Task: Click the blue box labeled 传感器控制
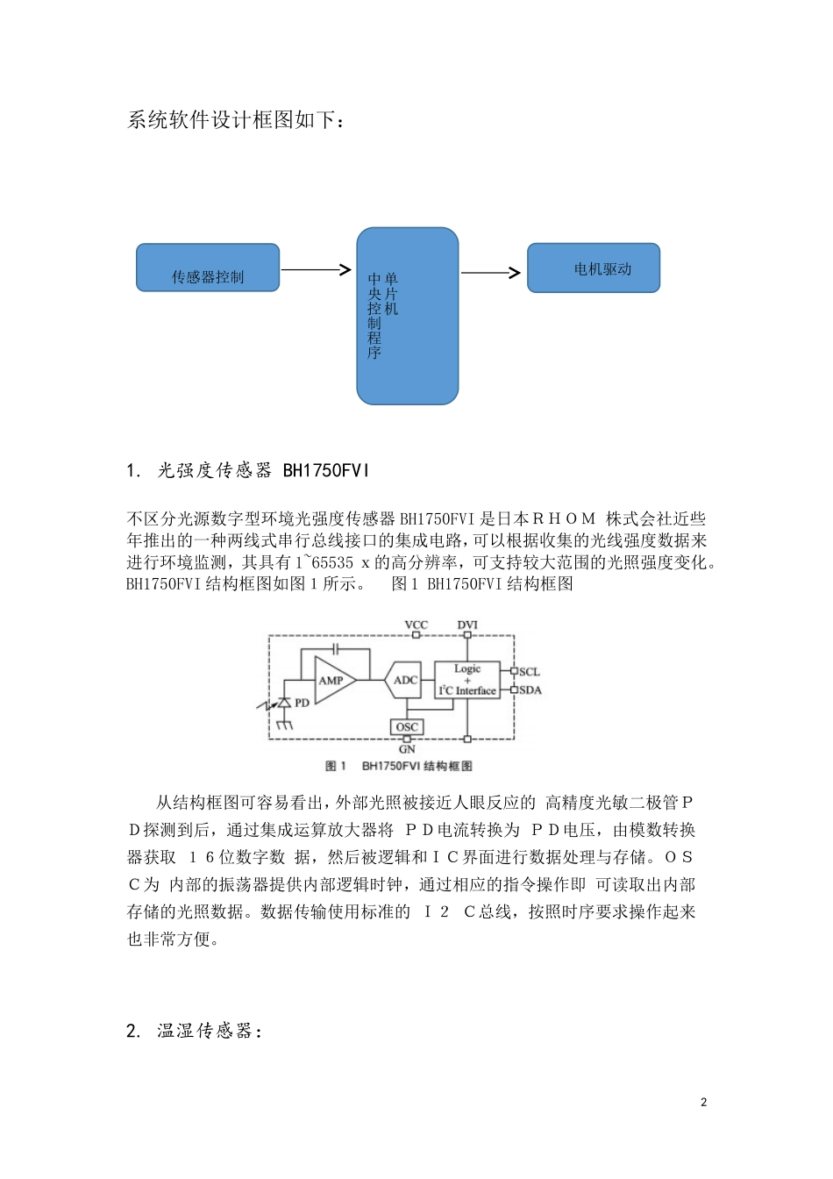tap(208, 268)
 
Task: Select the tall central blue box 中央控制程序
tap(408, 316)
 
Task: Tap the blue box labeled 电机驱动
tap(594, 268)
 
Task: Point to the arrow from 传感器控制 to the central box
tap(317, 269)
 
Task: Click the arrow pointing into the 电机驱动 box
tap(491, 273)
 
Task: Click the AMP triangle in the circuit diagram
tap(333, 680)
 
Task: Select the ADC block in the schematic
tap(404, 680)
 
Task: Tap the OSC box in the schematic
tap(407, 726)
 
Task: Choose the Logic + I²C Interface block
tap(467, 680)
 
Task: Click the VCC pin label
tap(416, 625)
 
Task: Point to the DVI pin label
tap(467, 625)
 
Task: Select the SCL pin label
tap(530, 672)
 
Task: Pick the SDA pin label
tap(530, 690)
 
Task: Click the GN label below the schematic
tap(407, 750)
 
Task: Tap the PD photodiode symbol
tap(284, 703)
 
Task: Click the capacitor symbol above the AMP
tap(335, 649)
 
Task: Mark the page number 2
tap(703, 1102)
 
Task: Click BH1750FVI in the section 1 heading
tap(326, 471)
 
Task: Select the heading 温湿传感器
tap(209, 1031)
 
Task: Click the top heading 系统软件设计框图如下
tap(235, 120)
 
